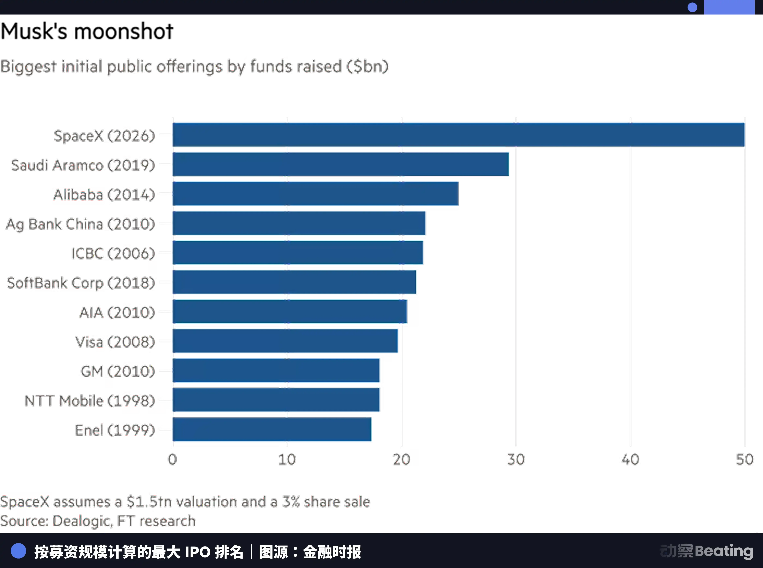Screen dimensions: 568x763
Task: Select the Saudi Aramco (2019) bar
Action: click(x=341, y=164)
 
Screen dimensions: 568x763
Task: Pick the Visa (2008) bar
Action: click(x=285, y=341)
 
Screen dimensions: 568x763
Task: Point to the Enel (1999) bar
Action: click(x=272, y=429)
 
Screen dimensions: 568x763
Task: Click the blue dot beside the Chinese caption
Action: click(x=19, y=551)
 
